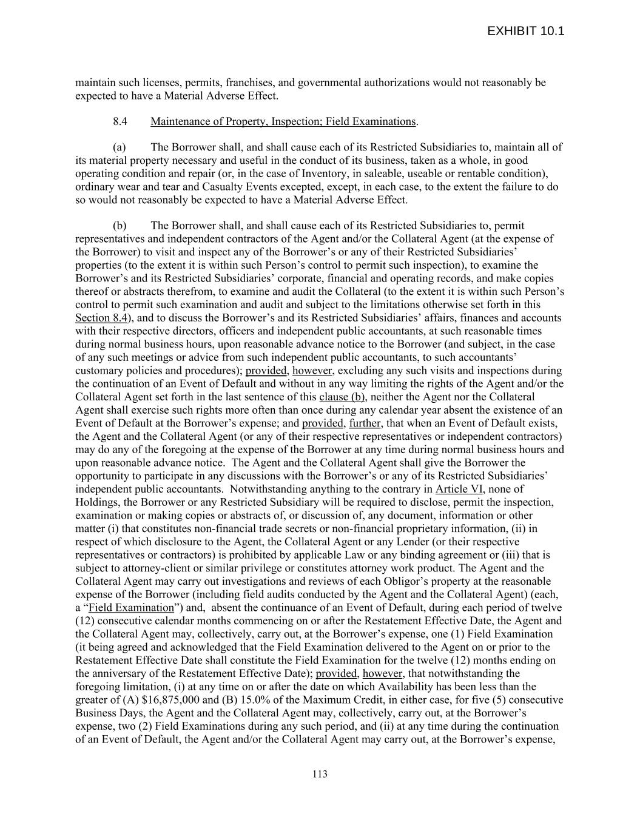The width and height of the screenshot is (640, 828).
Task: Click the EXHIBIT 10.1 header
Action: [525, 31]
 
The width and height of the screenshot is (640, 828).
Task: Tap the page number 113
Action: [320, 774]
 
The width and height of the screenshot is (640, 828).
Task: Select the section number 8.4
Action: [120, 121]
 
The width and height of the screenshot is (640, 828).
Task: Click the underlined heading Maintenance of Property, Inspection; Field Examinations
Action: [283, 121]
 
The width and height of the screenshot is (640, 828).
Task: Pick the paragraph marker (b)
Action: [120, 226]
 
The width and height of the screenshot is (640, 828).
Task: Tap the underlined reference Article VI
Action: [459, 489]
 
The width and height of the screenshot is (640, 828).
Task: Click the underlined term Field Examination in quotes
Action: [131, 608]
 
